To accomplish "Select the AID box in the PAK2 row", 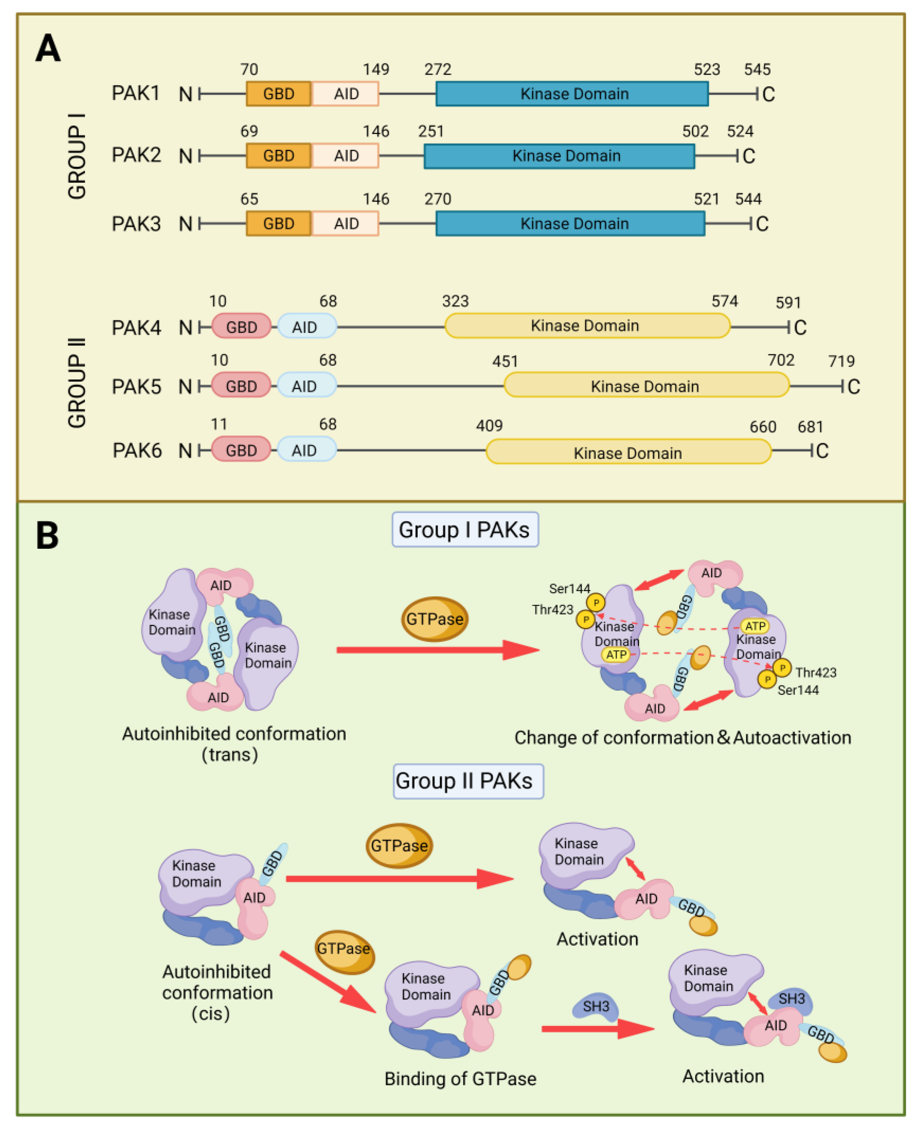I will [346, 156].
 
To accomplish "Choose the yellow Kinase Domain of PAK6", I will [627, 452].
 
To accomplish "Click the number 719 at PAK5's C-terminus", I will [841, 361].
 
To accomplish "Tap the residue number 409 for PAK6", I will [489, 425].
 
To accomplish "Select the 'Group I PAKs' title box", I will [465, 530].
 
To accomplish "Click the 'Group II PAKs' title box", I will [468, 781].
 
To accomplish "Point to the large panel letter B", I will [47, 535].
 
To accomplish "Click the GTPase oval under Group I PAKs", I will [435, 619].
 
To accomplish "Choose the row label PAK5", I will [136, 386].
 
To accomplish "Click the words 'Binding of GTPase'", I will [460, 1079].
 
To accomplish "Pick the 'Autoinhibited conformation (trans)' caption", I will [234, 744].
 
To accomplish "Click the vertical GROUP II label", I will [77, 382].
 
